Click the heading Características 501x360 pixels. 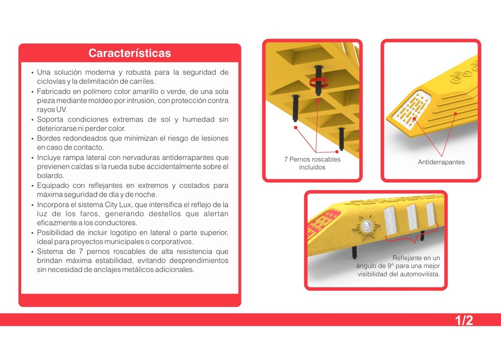click(130, 53)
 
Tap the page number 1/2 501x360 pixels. click(464, 320)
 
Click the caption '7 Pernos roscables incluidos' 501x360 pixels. click(312, 163)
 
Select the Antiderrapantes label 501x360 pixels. click(441, 162)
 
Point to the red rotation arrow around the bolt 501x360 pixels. click(319, 82)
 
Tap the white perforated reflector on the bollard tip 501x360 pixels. click(412, 106)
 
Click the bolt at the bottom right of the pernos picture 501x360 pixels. click(342, 138)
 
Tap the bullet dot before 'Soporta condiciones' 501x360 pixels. click(32, 120)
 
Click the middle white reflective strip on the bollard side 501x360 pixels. click(412, 217)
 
